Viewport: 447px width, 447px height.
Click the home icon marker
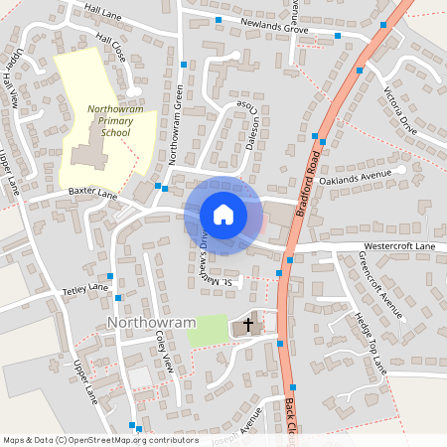tap(223, 215)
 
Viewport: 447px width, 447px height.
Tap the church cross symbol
tap(247, 326)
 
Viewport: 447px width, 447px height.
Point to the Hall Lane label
tap(103, 10)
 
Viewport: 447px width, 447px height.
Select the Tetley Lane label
tap(85, 289)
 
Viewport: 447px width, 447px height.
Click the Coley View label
tap(164, 352)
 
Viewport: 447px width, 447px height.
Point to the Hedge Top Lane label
tap(369, 344)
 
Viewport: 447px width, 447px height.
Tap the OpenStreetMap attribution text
tap(100, 439)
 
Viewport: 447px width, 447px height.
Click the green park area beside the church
tap(206, 331)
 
